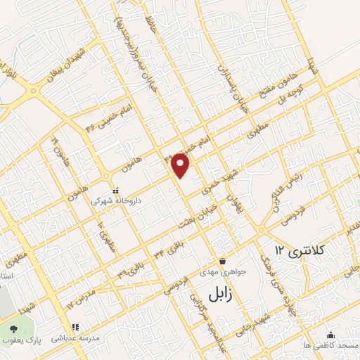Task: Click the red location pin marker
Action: coord(181,165)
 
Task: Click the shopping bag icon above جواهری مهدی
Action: coord(222,262)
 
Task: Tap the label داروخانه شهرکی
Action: coord(116,200)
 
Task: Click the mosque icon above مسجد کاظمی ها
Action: coord(330,335)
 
